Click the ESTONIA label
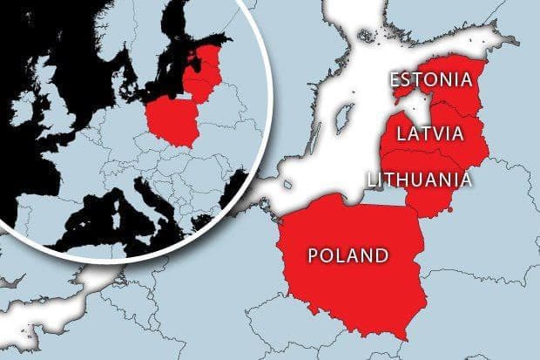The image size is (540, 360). [431, 81]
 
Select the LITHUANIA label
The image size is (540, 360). [420, 180]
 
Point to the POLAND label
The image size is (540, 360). [348, 255]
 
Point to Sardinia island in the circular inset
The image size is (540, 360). [105, 219]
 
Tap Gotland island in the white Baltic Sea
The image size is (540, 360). [346, 114]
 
